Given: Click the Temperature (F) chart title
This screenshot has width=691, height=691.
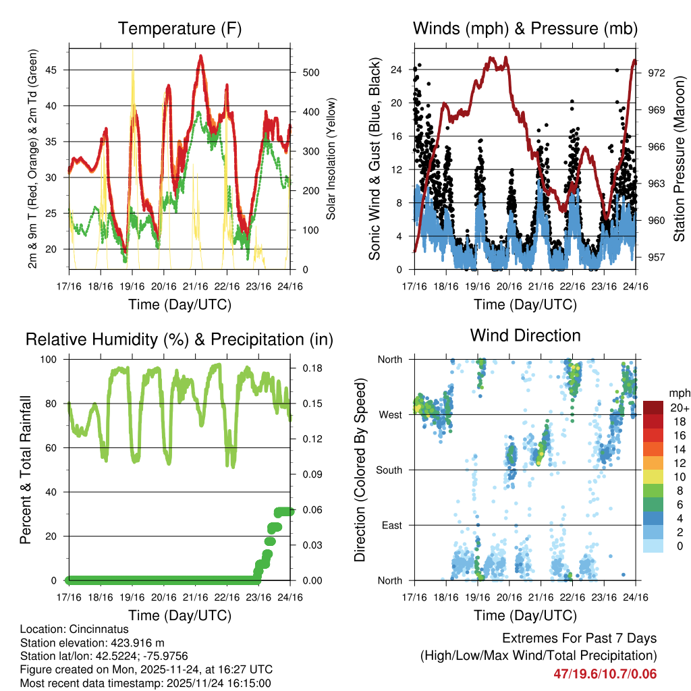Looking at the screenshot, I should [x=179, y=29].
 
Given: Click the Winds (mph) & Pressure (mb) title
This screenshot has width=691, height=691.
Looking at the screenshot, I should [x=525, y=29].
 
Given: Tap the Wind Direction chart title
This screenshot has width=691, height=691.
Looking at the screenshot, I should [x=525, y=335].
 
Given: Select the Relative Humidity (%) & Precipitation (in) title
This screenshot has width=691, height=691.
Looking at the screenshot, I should [x=179, y=339].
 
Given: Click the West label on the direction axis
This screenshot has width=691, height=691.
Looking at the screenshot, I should [x=390, y=415].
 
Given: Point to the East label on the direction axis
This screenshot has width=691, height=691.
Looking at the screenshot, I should [x=392, y=525].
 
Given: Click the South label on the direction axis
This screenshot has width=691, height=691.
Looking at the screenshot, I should [x=389, y=470].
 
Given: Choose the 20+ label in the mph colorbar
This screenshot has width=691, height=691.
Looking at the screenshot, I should [x=678, y=408].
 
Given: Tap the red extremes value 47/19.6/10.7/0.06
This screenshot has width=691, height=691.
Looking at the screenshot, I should [x=605, y=673].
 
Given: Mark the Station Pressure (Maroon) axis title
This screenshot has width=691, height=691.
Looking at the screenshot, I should [x=679, y=158].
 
